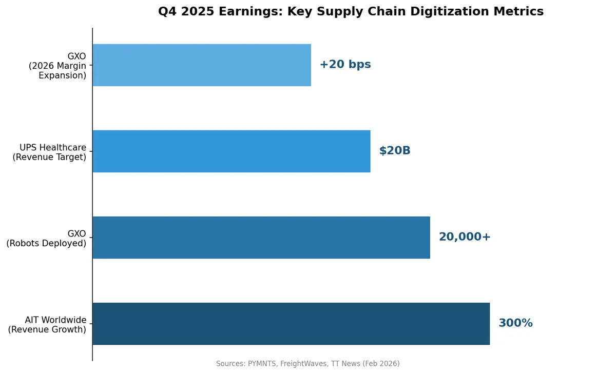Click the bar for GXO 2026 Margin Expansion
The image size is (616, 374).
tap(201, 65)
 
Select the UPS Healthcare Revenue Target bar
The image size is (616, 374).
tap(231, 151)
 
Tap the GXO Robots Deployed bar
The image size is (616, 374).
tap(261, 238)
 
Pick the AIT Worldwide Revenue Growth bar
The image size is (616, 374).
tap(291, 324)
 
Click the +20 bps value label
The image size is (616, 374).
tap(345, 65)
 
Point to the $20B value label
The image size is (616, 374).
tap(394, 151)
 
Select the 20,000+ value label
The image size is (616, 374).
tap(464, 237)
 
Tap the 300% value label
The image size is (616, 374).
tap(515, 323)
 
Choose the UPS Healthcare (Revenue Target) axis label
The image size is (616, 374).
tap(49, 152)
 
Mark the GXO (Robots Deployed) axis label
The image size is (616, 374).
tap(46, 238)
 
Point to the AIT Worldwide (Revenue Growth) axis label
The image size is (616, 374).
tap(47, 324)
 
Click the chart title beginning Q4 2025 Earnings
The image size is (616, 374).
tap(351, 11)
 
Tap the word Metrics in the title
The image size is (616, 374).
tap(518, 11)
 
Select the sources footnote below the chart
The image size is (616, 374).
tap(307, 364)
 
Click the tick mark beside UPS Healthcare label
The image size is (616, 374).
tap(90, 151)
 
